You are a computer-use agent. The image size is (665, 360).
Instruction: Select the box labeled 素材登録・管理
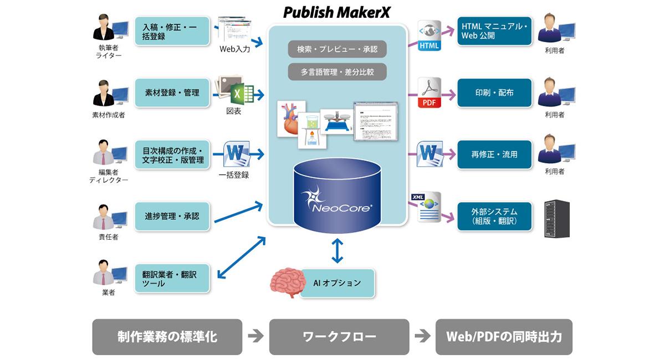point(172,93)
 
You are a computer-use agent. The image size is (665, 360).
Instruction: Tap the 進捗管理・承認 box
point(172,216)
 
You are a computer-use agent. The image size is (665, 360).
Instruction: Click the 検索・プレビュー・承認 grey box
point(337,49)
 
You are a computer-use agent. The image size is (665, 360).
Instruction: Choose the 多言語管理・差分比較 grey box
point(337,71)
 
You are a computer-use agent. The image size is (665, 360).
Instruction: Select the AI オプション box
point(337,283)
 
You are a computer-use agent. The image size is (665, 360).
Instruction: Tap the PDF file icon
point(429,92)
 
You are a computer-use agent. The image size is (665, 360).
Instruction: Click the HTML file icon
point(429,36)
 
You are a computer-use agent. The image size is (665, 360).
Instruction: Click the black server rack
point(557,219)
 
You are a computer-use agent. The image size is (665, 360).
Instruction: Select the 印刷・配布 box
point(494,93)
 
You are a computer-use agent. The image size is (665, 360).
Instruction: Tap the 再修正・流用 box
point(494,155)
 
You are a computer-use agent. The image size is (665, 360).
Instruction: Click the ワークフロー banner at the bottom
point(339,337)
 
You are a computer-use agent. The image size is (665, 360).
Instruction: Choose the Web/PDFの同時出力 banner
point(503,337)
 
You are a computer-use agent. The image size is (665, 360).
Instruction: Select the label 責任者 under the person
point(108,237)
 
